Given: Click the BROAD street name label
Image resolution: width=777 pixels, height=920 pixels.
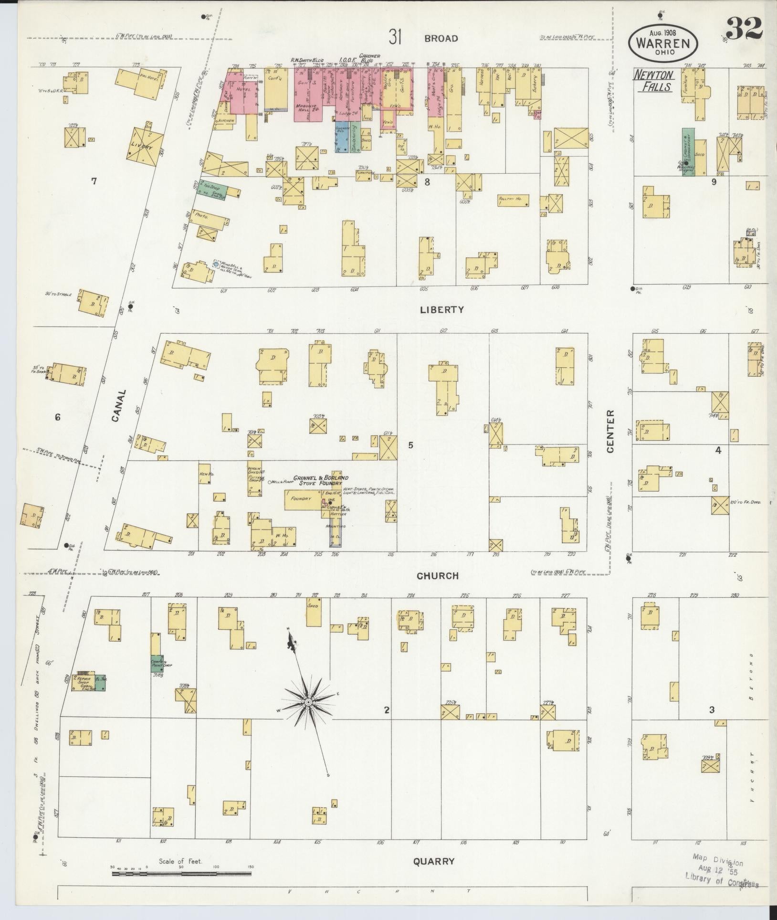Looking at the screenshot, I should [442, 38].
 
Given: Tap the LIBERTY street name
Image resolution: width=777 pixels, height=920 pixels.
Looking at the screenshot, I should [441, 310].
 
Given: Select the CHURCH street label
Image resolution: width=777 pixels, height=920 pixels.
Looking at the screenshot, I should [437, 576].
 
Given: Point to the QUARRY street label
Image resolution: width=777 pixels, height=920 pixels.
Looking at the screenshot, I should [433, 862].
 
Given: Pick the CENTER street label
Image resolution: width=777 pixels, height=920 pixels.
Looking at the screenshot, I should [610, 431].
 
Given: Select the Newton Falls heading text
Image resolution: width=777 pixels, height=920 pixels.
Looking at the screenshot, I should [654, 81].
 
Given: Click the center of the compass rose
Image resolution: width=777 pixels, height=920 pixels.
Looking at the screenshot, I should [309, 702].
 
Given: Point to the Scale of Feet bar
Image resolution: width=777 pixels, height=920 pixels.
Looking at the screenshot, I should [181, 874].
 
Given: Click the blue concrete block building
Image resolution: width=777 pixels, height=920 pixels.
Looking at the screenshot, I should [341, 136].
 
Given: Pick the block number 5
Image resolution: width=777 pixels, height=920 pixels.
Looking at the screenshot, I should [410, 445].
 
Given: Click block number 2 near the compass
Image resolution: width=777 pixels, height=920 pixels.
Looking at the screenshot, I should [387, 724].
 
